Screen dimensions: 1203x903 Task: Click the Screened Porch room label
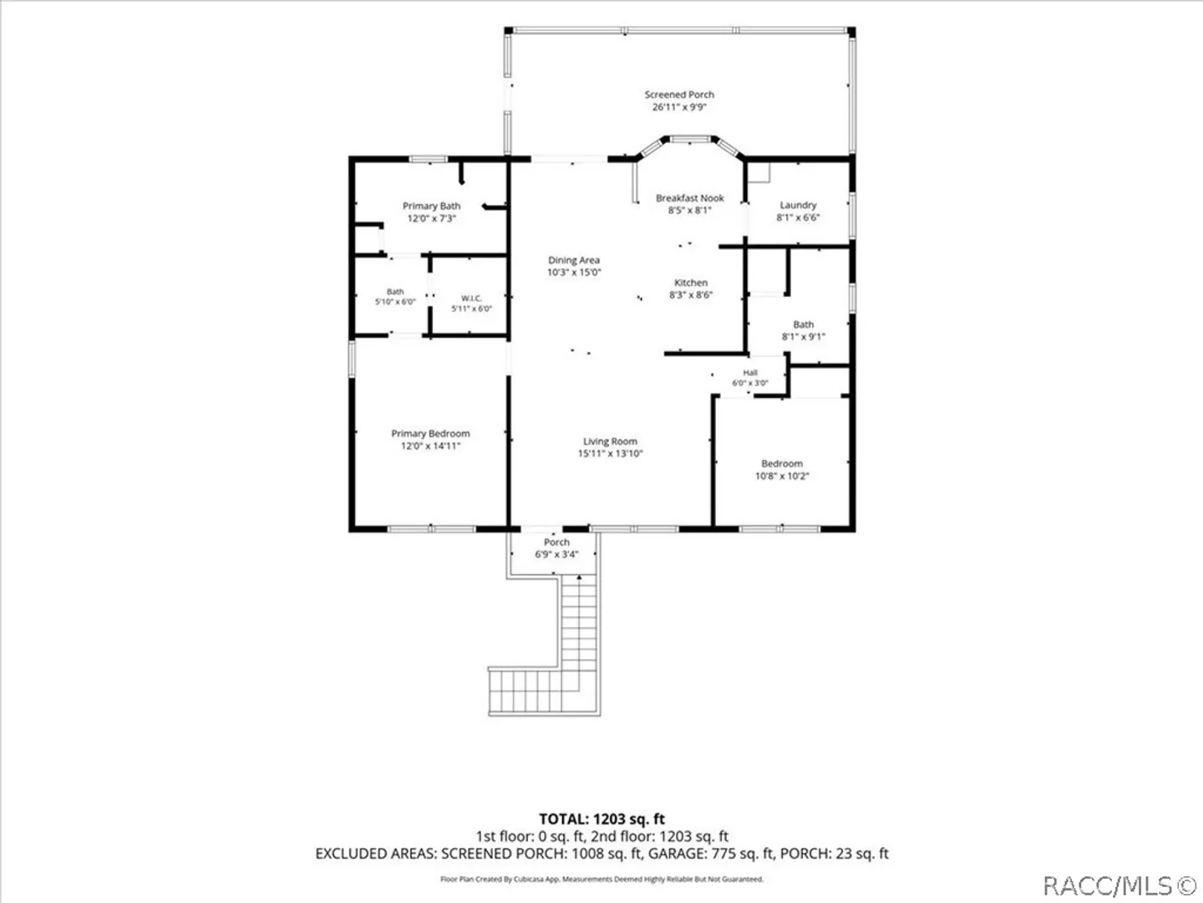(679, 94)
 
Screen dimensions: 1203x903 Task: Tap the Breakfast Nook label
(689, 198)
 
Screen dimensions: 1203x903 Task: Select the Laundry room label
(798, 205)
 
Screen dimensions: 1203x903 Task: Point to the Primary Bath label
(431, 207)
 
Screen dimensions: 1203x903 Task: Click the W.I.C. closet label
(471, 298)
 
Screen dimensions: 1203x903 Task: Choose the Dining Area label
(574, 260)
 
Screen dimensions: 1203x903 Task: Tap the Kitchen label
(691, 283)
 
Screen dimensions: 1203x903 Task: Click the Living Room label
(610, 441)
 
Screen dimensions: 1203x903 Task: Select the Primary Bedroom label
(430, 433)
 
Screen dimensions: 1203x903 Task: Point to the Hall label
(750, 373)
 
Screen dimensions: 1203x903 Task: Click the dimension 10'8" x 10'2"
(782, 476)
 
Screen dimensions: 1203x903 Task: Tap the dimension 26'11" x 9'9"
(679, 107)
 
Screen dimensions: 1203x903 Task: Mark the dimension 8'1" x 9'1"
(804, 337)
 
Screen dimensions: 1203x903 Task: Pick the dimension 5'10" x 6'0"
(395, 302)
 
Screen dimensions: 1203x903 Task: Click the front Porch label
(556, 542)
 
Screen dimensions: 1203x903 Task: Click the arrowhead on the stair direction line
(579, 577)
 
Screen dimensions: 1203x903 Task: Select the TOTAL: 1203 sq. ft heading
(601, 819)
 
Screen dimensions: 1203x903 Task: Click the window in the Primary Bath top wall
(429, 159)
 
